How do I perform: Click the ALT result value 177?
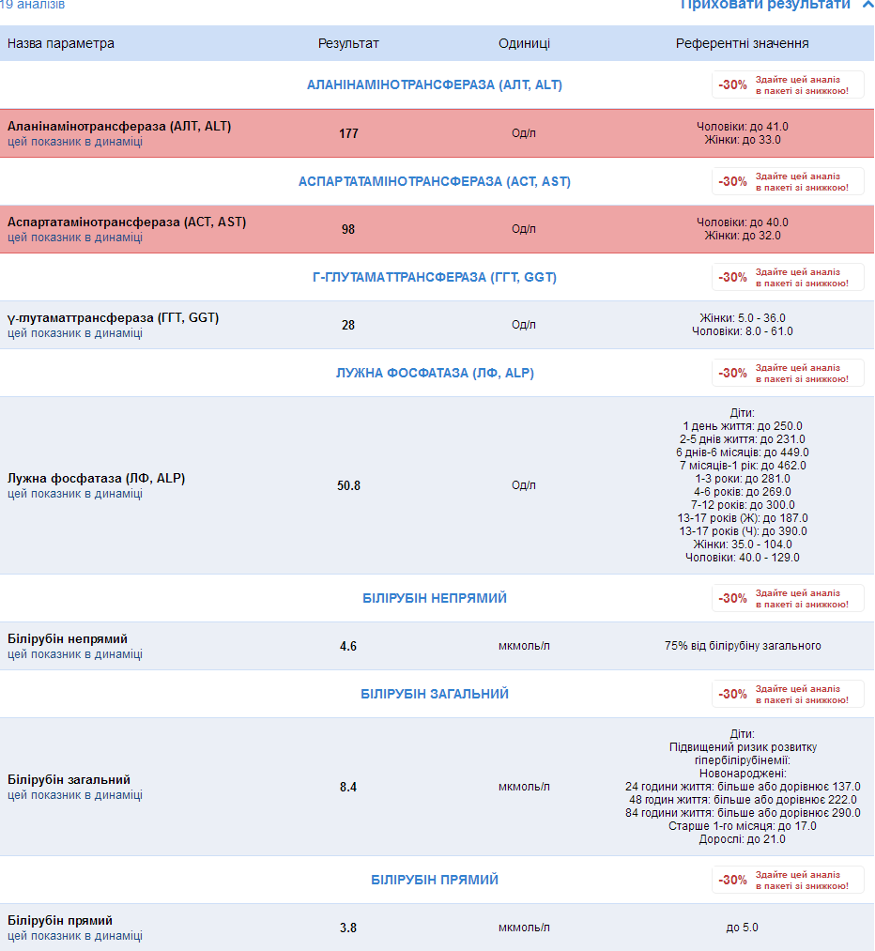pos(348,133)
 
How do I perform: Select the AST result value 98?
pos(348,229)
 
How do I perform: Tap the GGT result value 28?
pos(348,325)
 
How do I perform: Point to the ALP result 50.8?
pos(348,485)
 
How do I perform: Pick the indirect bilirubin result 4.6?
pos(348,646)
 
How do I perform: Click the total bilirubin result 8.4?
pos(348,787)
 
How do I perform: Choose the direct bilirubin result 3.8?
pos(348,928)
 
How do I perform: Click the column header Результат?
pos(348,43)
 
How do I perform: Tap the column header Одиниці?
pos(524,43)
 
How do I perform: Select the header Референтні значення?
pos(742,43)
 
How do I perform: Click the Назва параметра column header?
pos(61,43)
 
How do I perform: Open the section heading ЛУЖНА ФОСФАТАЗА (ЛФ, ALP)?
pos(435,373)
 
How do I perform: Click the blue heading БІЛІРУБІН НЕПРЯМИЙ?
pos(435,598)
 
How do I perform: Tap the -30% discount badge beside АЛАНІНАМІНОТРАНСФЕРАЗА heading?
pos(733,84)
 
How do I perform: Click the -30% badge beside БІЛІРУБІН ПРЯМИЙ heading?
pos(733,880)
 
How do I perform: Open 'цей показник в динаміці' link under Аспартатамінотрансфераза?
pos(75,238)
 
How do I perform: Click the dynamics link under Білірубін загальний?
pos(75,795)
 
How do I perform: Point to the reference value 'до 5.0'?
pos(742,928)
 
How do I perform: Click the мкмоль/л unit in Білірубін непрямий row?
pos(524,646)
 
